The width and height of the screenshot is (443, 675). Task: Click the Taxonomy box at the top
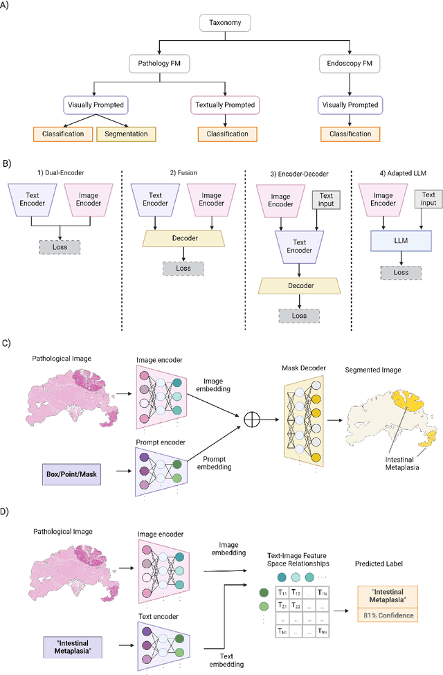coord(225,23)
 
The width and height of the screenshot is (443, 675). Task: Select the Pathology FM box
coord(159,63)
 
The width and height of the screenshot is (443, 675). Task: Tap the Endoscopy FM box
coord(349,63)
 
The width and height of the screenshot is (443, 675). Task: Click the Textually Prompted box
coord(225,105)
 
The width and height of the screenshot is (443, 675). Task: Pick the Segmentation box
coord(126,134)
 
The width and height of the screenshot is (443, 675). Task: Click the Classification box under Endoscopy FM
coord(350,134)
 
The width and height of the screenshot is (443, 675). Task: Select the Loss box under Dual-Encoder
coord(60,247)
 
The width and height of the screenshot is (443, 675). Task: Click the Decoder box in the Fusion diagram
coord(184,238)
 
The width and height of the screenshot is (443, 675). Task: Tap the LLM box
coord(401,241)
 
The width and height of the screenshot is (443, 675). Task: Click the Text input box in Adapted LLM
coord(428,199)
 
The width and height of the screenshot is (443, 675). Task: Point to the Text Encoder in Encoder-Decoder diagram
coord(299,246)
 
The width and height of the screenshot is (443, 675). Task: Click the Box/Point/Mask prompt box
coord(71,474)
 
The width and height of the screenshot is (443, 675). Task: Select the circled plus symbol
coord(252,420)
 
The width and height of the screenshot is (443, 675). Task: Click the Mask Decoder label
coord(303,368)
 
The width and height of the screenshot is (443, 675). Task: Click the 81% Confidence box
coord(388,615)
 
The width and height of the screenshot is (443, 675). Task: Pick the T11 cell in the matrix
coord(282,593)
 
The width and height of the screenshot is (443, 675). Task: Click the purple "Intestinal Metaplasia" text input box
coord(73,647)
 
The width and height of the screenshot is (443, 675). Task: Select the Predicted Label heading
coord(379,564)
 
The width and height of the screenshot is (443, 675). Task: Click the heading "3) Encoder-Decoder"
coord(299,174)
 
